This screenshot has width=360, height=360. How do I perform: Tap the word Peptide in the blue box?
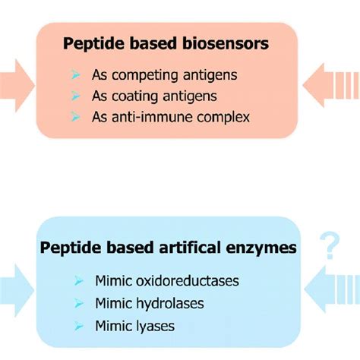(x=70, y=250)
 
